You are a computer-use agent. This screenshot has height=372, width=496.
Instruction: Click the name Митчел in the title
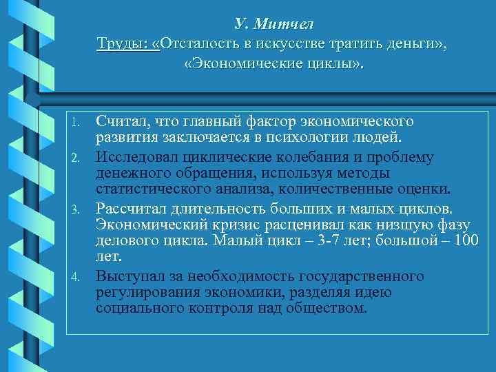point(283,24)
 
